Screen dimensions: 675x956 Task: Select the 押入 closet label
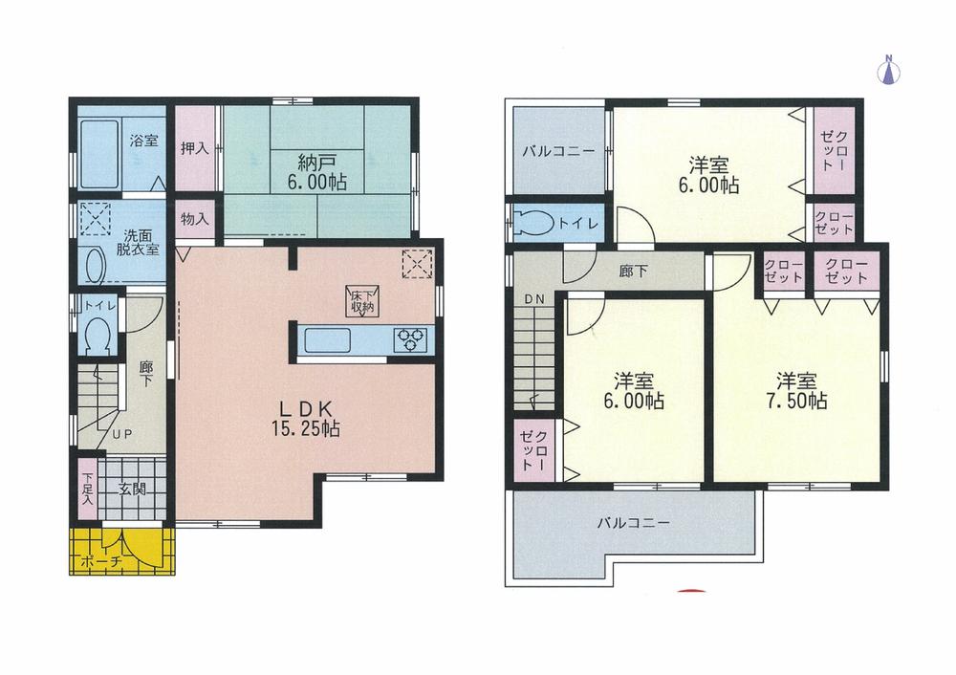point(195,149)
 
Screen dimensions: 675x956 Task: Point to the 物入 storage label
point(195,219)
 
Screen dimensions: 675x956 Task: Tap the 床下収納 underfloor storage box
point(361,301)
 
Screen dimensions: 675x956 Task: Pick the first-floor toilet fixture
point(96,334)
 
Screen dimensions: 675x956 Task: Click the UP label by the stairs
point(121,433)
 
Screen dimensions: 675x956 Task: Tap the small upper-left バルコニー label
point(559,152)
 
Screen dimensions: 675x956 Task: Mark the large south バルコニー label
point(634,523)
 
